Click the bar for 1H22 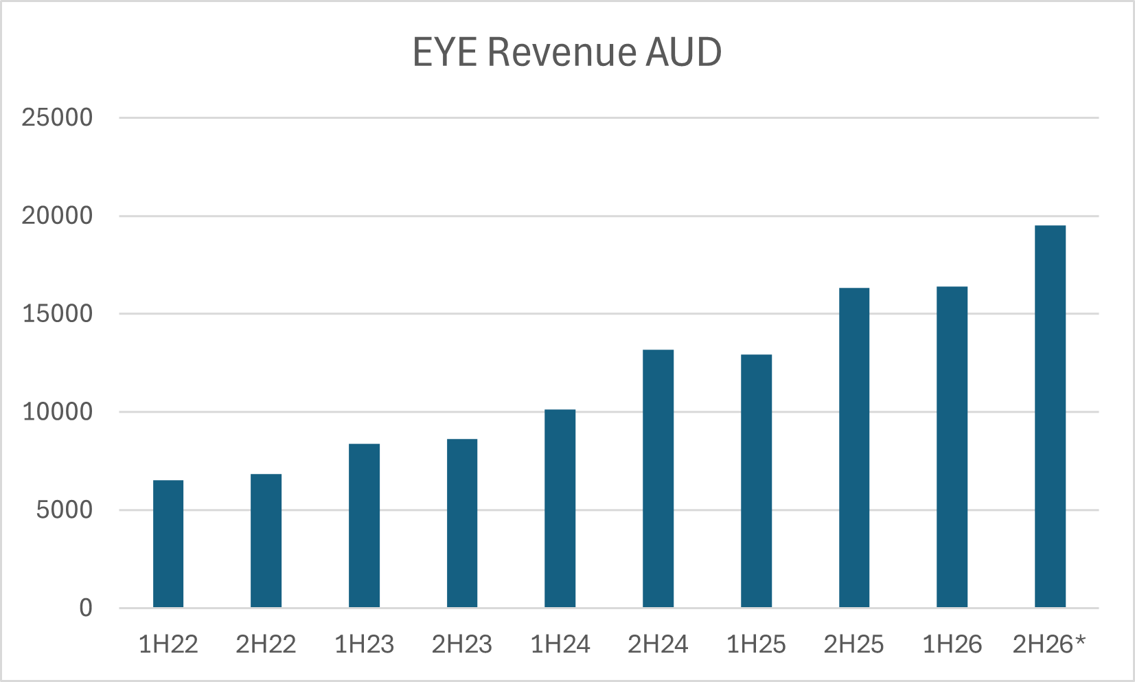[x=168, y=544]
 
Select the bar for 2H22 [x=266, y=541]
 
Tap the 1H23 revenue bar [x=364, y=525]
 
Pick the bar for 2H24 [x=658, y=479]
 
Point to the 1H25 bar [x=756, y=481]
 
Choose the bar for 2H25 [x=854, y=448]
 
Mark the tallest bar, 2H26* [x=1050, y=416]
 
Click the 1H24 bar [x=560, y=508]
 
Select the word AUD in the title [x=683, y=52]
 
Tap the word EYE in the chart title [x=444, y=52]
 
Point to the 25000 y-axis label [x=57, y=117]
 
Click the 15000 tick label [x=57, y=314]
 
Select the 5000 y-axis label [x=64, y=510]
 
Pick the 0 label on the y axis [x=85, y=608]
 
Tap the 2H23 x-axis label [x=461, y=644]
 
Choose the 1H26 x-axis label [x=952, y=644]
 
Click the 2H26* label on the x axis [x=1049, y=644]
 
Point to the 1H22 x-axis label [x=168, y=644]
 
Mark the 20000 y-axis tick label [x=57, y=216]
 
